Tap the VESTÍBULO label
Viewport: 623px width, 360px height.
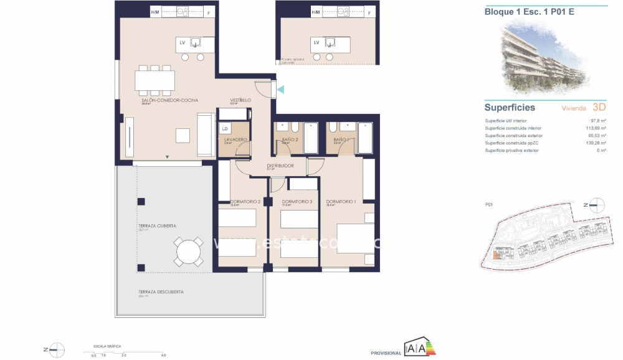tap(240, 100)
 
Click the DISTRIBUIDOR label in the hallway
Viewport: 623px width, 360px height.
tap(280, 166)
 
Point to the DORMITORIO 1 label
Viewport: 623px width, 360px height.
tap(341, 201)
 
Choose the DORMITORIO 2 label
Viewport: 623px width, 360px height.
tap(245, 201)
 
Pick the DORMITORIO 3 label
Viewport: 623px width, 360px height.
tap(297, 201)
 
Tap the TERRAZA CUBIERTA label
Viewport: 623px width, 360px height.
tap(157, 226)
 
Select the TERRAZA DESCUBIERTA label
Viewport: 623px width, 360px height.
tap(161, 292)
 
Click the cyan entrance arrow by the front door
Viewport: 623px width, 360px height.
tap(281, 90)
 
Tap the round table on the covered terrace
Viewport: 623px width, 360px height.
tap(189, 252)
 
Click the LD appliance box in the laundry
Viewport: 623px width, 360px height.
tap(224, 128)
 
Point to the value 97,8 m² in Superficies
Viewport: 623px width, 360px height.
tap(598, 121)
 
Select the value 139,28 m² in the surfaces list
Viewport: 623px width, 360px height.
tap(596, 143)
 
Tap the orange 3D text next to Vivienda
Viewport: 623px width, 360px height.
tap(599, 107)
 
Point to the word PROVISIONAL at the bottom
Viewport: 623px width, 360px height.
tap(386, 353)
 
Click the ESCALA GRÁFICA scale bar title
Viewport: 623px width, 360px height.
tap(107, 345)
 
